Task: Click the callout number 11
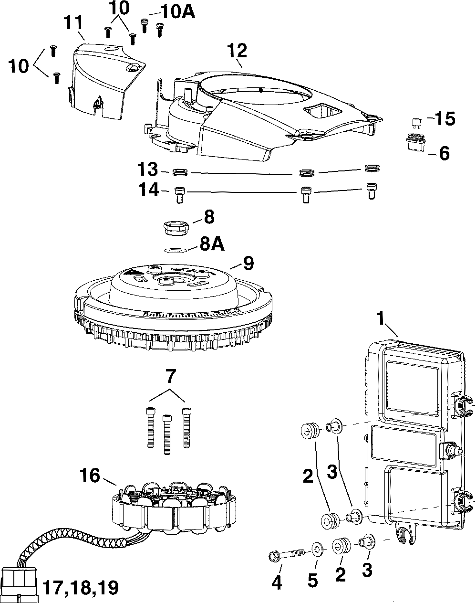coord(74,23)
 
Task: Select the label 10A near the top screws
coord(178,12)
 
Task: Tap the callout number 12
coord(237,51)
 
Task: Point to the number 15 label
coord(445,119)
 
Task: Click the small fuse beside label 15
coord(418,122)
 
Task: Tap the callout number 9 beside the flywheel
coord(248,264)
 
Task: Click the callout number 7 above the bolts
coord(171,377)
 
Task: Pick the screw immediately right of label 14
coord(179,195)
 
